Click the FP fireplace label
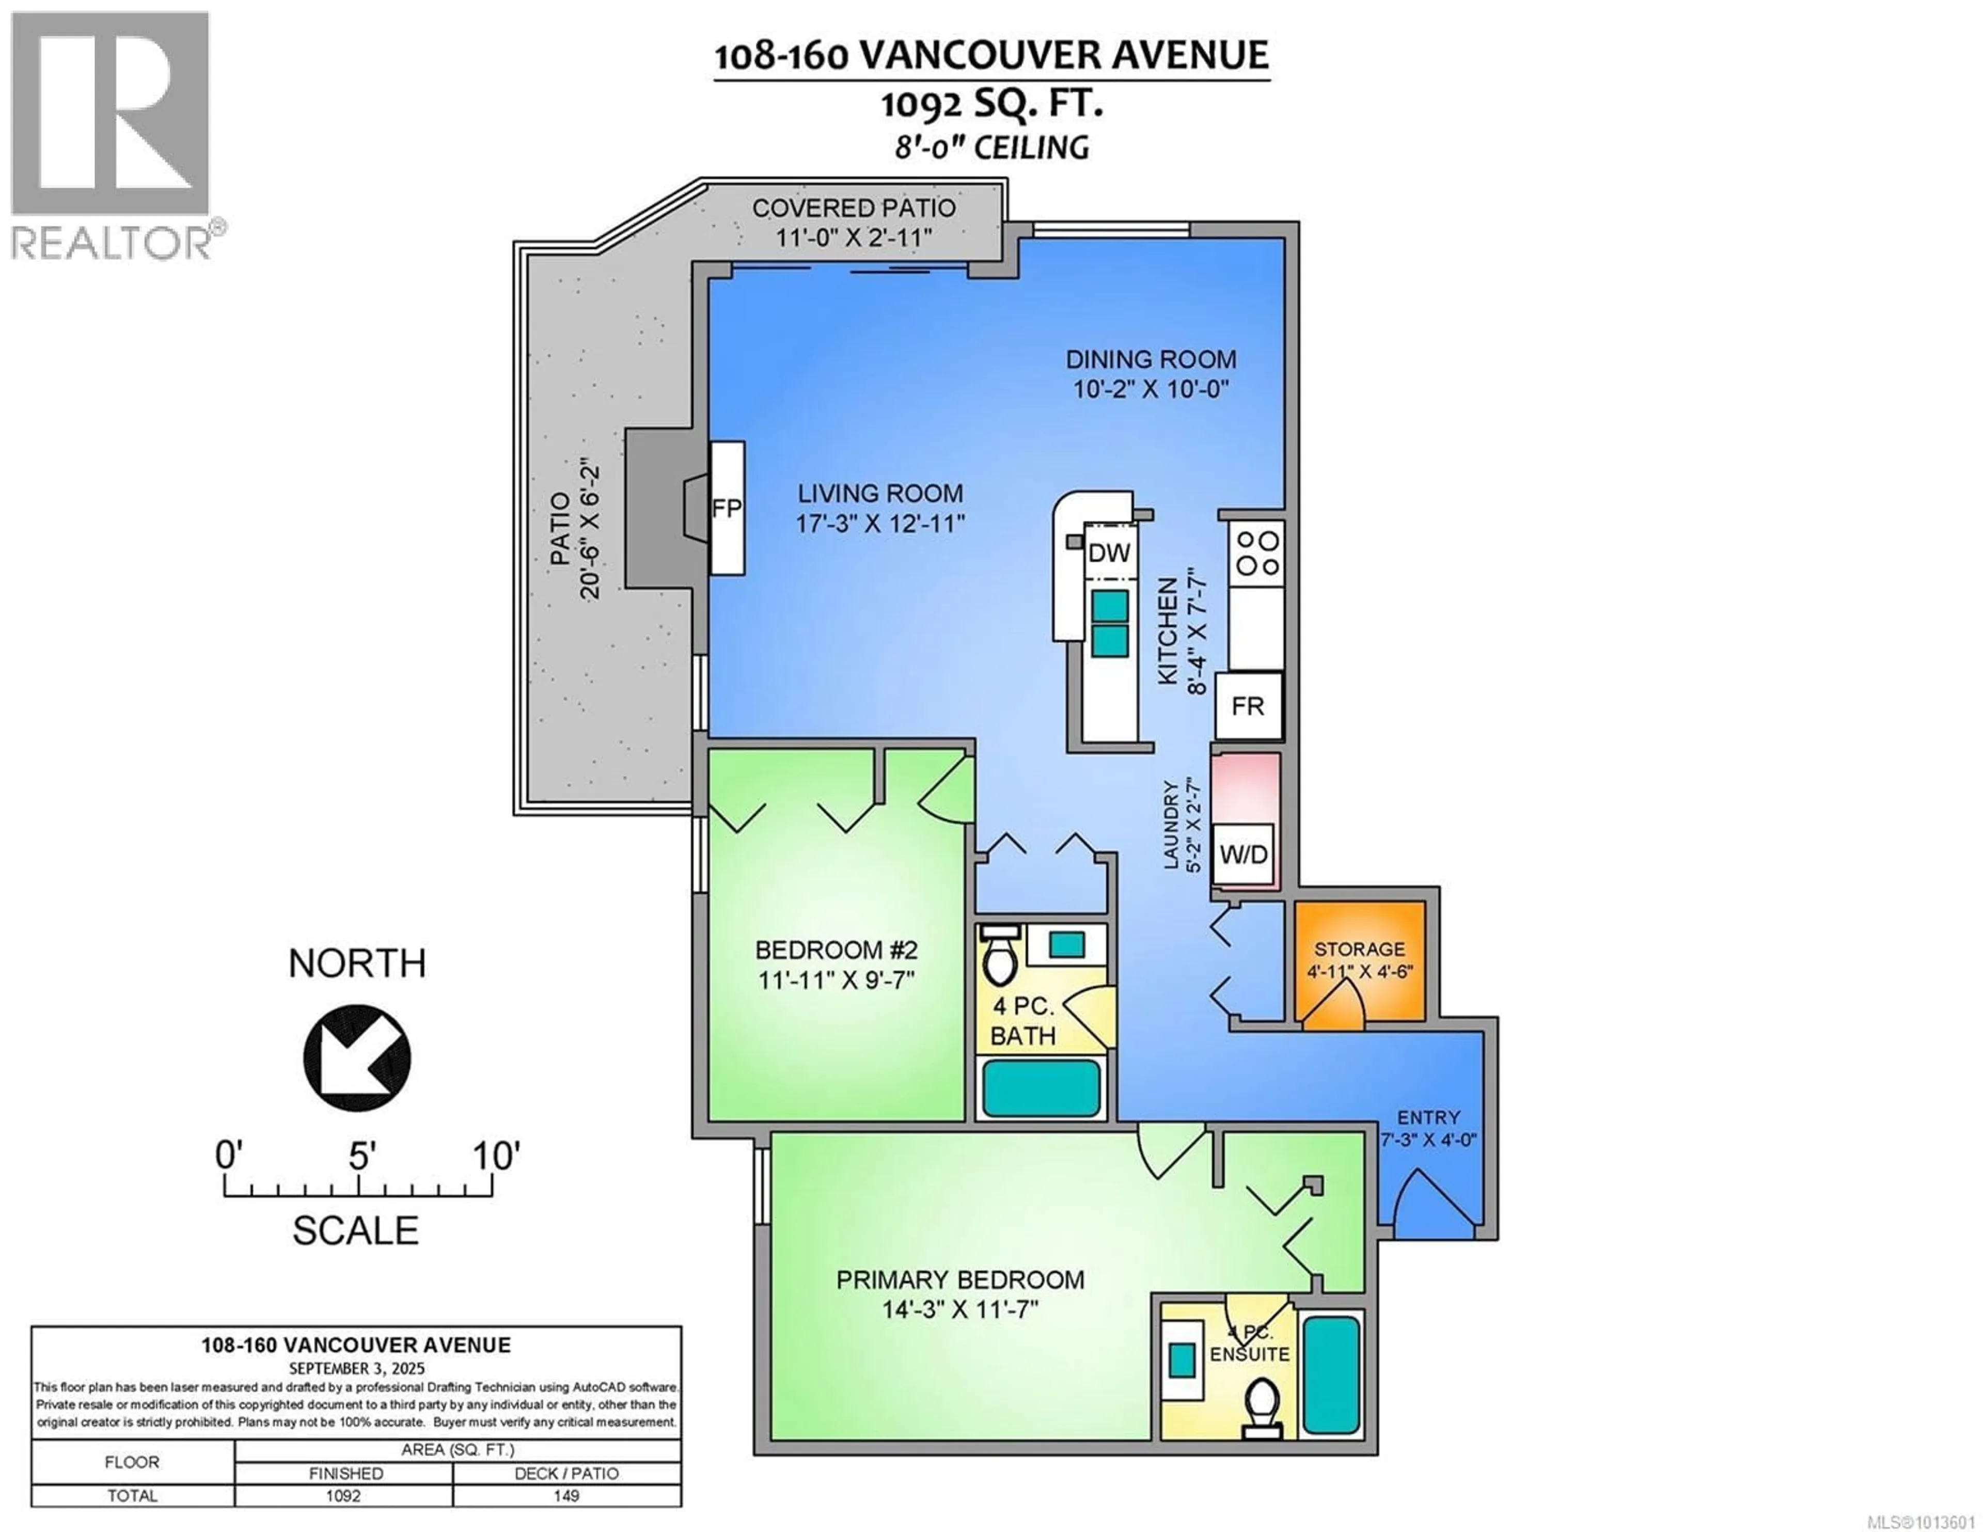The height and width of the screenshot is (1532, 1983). (x=727, y=509)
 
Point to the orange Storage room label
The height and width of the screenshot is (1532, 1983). (x=1359, y=949)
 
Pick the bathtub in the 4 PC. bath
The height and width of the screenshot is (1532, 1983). (x=1042, y=1087)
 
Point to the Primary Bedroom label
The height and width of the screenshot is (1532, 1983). (x=959, y=1280)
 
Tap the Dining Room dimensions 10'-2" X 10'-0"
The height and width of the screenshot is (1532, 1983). (x=1151, y=390)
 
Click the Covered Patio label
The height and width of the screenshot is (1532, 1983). (x=854, y=208)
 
